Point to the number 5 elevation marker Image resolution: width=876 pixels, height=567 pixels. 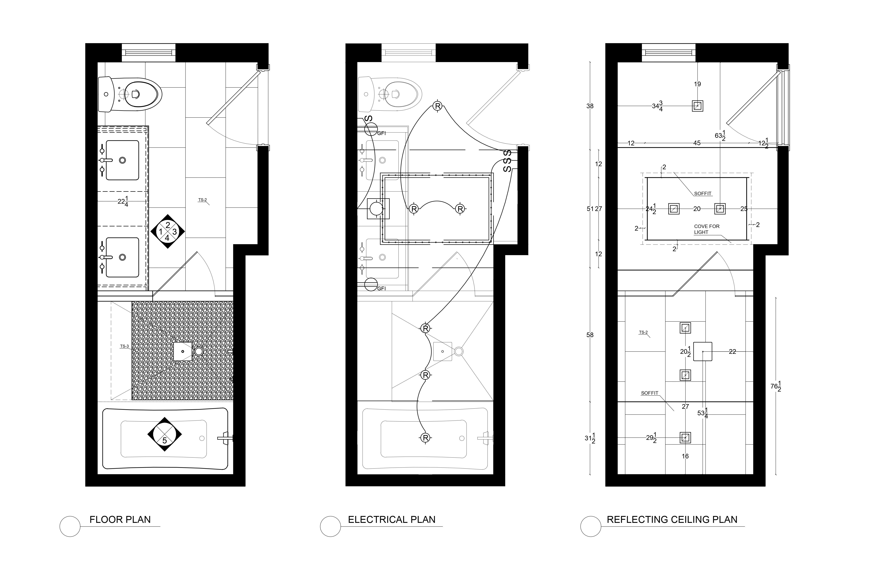pos(165,435)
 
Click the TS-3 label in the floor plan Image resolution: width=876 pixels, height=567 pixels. pos(124,346)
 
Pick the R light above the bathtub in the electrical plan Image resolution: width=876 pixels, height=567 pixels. pos(425,438)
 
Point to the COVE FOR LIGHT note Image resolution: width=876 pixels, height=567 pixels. pos(707,229)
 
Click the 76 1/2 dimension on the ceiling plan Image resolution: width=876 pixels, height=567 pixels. pos(776,386)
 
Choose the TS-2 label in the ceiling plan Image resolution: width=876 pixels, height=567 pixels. pos(643,332)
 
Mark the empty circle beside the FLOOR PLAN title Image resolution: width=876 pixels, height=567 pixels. pos(70,526)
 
